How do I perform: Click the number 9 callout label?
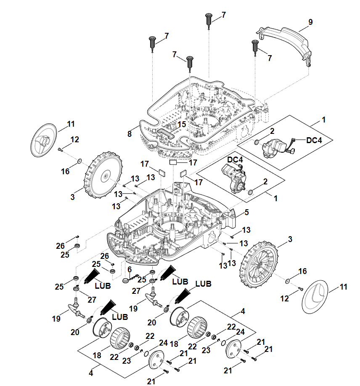pos(310,22)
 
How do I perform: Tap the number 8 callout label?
pos(130,134)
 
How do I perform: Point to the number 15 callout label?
pos(181,125)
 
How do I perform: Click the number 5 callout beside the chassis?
pos(246,213)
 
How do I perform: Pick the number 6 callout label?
pos(130,269)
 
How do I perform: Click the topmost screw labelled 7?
pos(209,19)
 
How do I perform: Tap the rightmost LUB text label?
pos(204,283)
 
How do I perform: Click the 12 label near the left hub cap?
pos(74,140)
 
